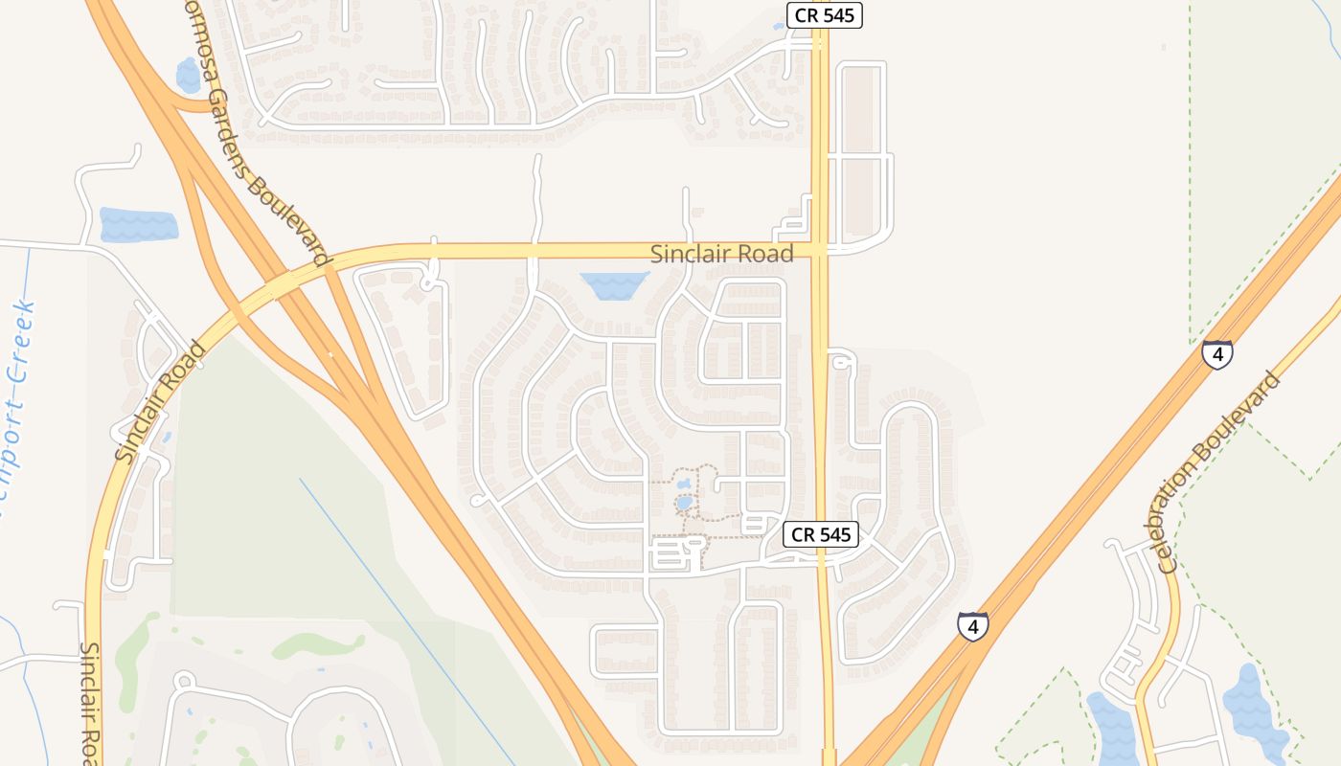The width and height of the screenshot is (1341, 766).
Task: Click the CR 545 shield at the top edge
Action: (x=824, y=15)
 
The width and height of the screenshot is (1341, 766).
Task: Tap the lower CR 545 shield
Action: (x=821, y=534)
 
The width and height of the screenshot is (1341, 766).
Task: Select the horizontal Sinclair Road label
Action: (x=721, y=254)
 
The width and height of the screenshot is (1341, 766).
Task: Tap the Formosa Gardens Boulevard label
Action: (x=256, y=133)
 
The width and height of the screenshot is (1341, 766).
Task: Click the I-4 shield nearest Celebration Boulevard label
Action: (x=1217, y=354)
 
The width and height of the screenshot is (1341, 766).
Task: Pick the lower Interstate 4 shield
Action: (x=972, y=627)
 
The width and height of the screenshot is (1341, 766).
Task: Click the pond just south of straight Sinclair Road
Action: (x=613, y=284)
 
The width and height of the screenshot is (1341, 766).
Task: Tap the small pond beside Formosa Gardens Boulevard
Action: (x=189, y=75)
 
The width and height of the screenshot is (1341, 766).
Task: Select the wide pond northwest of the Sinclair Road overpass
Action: (x=138, y=225)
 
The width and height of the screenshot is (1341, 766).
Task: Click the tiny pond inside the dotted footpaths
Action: (x=683, y=503)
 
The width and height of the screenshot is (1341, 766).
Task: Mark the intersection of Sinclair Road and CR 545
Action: (x=820, y=250)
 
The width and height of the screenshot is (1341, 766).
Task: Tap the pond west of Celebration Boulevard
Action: (x=1111, y=728)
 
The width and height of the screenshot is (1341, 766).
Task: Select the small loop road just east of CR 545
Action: (x=841, y=360)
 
